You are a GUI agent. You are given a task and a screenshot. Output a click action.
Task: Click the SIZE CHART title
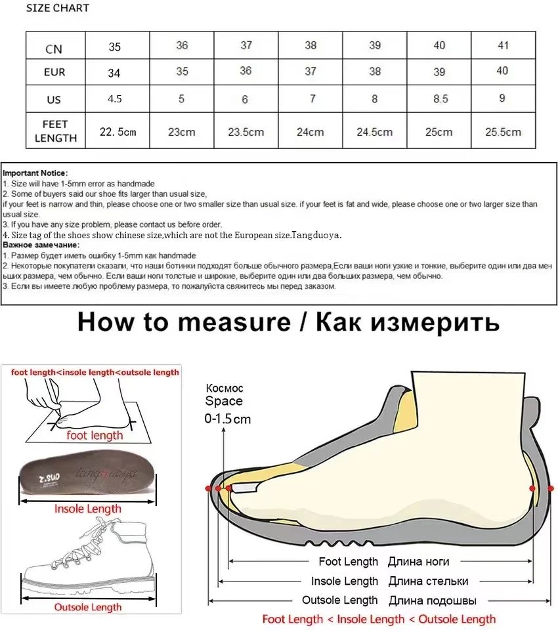[58, 9]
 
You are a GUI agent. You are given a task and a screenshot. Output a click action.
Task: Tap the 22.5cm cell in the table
[118, 132]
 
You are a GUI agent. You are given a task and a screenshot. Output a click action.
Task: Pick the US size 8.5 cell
[439, 99]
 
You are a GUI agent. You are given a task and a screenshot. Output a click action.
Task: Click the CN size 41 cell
[502, 45]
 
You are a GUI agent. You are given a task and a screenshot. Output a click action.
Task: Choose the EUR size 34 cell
[114, 73]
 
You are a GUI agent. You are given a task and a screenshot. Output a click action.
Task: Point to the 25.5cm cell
[502, 132]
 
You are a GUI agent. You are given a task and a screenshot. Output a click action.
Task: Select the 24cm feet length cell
[310, 132]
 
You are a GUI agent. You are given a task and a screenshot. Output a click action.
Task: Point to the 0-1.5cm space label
[228, 419]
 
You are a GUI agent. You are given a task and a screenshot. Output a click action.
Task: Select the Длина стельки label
[428, 581]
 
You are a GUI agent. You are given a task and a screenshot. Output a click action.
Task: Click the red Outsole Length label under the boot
[87, 607]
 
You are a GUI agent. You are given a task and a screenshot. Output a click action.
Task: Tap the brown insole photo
[87, 474]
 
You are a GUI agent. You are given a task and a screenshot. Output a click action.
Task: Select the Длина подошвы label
[432, 600]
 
